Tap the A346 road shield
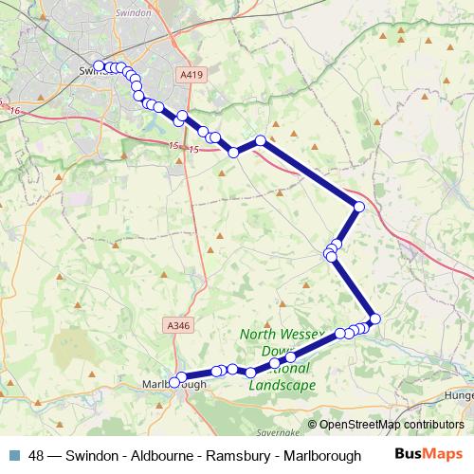177,325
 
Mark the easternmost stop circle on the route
374,319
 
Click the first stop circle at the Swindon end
99,65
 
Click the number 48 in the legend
37,455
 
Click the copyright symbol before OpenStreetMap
313,425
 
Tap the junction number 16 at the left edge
15,111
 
